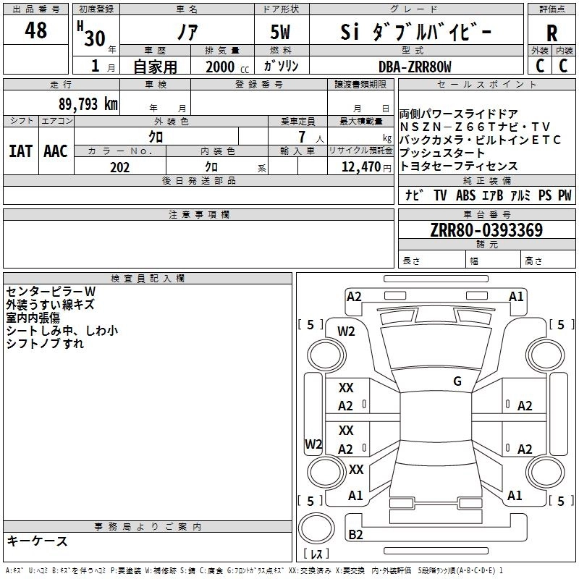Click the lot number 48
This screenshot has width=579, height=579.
coord(35,31)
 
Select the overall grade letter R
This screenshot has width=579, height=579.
coord(551,33)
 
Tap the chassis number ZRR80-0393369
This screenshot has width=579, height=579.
coord(486,231)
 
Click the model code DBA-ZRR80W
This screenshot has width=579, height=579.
coord(414,67)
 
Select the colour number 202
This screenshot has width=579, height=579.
coord(119,167)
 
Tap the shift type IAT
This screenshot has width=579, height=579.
coord(21,151)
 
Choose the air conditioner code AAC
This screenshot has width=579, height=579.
coord(55,151)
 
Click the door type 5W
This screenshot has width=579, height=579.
coord(282,33)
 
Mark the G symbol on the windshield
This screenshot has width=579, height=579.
coord(457,381)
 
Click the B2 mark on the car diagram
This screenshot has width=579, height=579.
coord(355,534)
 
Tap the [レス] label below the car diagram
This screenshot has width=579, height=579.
coord(316,555)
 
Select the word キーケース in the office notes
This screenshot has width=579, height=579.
coord(38,541)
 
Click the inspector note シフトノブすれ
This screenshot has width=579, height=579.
coord(45,344)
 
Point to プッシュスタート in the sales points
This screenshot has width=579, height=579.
coord(442,153)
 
